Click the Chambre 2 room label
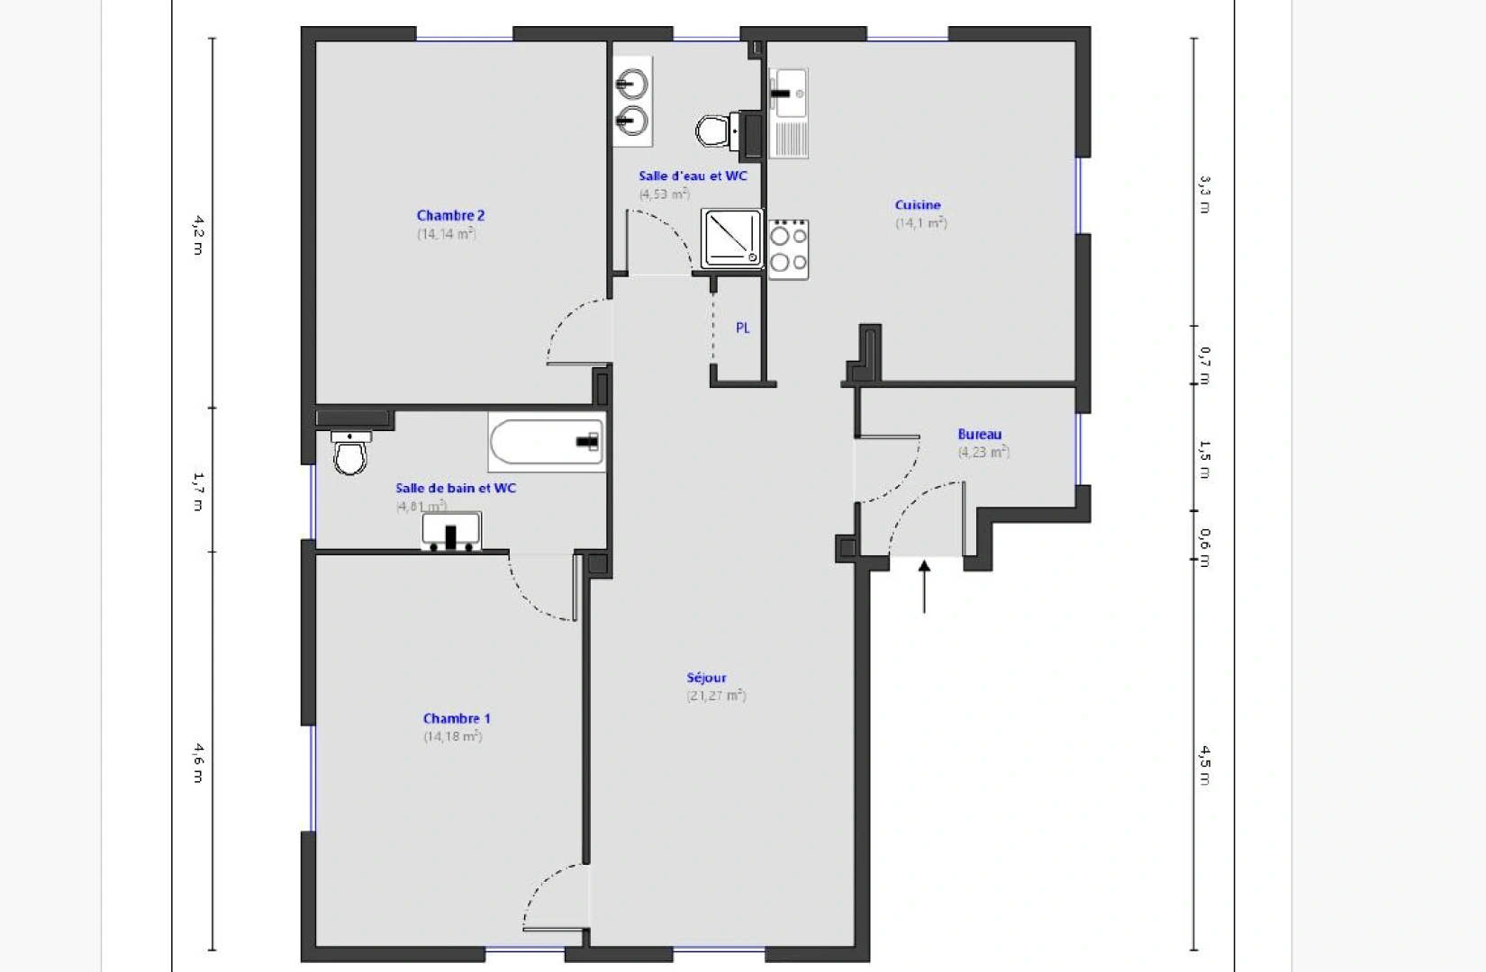click(450, 215)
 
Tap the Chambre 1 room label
click(457, 718)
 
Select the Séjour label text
click(706, 678)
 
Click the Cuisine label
click(918, 205)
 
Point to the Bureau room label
click(980, 435)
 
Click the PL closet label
click(743, 328)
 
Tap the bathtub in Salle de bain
click(546, 441)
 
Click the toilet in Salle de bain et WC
click(350, 453)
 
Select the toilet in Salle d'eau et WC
click(713, 131)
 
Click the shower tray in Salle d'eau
click(732, 238)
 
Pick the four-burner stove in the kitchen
click(788, 249)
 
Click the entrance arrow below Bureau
click(924, 585)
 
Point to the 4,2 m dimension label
click(197, 234)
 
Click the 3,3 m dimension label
click(1205, 194)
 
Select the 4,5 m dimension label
click(1205, 765)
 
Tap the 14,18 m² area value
click(453, 736)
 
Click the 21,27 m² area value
click(717, 696)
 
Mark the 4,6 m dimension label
click(197, 761)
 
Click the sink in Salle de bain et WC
click(451, 532)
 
